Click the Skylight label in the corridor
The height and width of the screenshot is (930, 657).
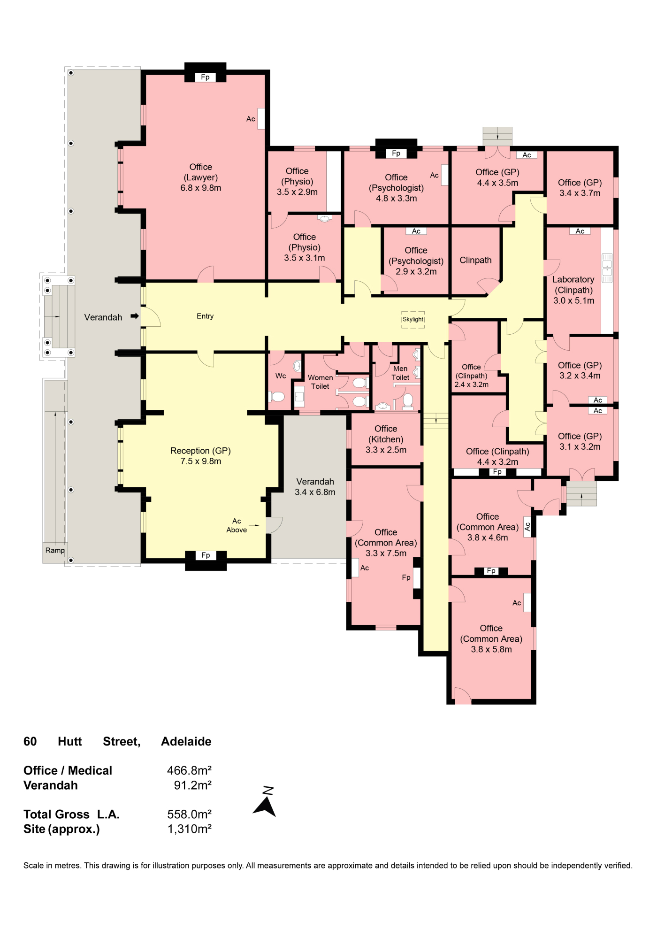(x=413, y=319)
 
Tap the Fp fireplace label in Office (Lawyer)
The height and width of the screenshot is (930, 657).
(x=205, y=77)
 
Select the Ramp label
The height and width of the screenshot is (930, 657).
(x=55, y=550)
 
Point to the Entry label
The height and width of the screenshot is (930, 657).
(x=205, y=316)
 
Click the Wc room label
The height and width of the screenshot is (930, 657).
(x=281, y=376)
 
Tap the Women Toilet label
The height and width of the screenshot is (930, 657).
(x=320, y=382)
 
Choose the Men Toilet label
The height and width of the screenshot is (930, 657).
(x=400, y=373)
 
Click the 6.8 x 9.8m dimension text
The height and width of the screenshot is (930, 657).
(x=201, y=188)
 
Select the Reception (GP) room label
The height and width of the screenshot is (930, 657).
(x=200, y=451)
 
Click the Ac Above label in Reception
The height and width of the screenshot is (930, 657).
(x=237, y=525)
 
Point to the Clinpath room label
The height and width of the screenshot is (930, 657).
(x=475, y=260)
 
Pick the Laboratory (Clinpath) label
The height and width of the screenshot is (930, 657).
(x=573, y=285)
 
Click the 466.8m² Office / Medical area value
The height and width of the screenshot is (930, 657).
(x=189, y=770)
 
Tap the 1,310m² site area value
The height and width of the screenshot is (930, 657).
(x=190, y=829)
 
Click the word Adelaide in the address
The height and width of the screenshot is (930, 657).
(x=186, y=741)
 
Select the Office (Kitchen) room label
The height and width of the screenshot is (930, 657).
(x=386, y=434)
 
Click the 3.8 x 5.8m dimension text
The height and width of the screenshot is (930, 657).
(x=491, y=649)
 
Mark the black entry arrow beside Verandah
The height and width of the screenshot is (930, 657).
(x=135, y=316)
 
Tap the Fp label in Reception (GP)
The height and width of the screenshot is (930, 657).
(x=206, y=555)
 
